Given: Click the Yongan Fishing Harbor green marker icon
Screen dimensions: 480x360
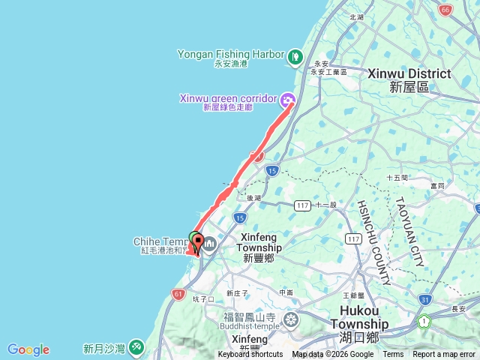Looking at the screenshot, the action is coord(295,55).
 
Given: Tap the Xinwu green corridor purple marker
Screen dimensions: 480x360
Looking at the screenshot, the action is coord(287,98).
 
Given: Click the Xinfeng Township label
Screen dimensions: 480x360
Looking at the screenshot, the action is coord(261,247).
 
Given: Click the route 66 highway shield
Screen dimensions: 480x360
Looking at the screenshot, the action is coord(445,10).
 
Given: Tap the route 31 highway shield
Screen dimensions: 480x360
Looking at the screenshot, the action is coord(424,299).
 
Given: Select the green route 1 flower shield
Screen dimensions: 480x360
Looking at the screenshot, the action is coord(424,321).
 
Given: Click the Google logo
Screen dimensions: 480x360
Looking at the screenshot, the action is coord(28,349).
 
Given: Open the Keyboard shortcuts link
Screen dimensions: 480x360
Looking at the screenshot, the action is coord(250,355).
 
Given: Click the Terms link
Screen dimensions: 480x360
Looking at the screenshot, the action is coord(393,355).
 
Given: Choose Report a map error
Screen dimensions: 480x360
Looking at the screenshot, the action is coord(444,355).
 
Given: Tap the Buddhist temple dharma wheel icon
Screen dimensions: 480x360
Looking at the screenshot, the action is coord(291,322).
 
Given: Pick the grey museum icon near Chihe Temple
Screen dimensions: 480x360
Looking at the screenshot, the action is coord(209,243).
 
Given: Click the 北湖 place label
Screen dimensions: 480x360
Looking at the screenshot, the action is coord(356,16).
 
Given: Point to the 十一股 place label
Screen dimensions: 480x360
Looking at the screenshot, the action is coord(325,204).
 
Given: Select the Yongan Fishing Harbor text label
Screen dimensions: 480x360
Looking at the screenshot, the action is coord(231,54).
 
